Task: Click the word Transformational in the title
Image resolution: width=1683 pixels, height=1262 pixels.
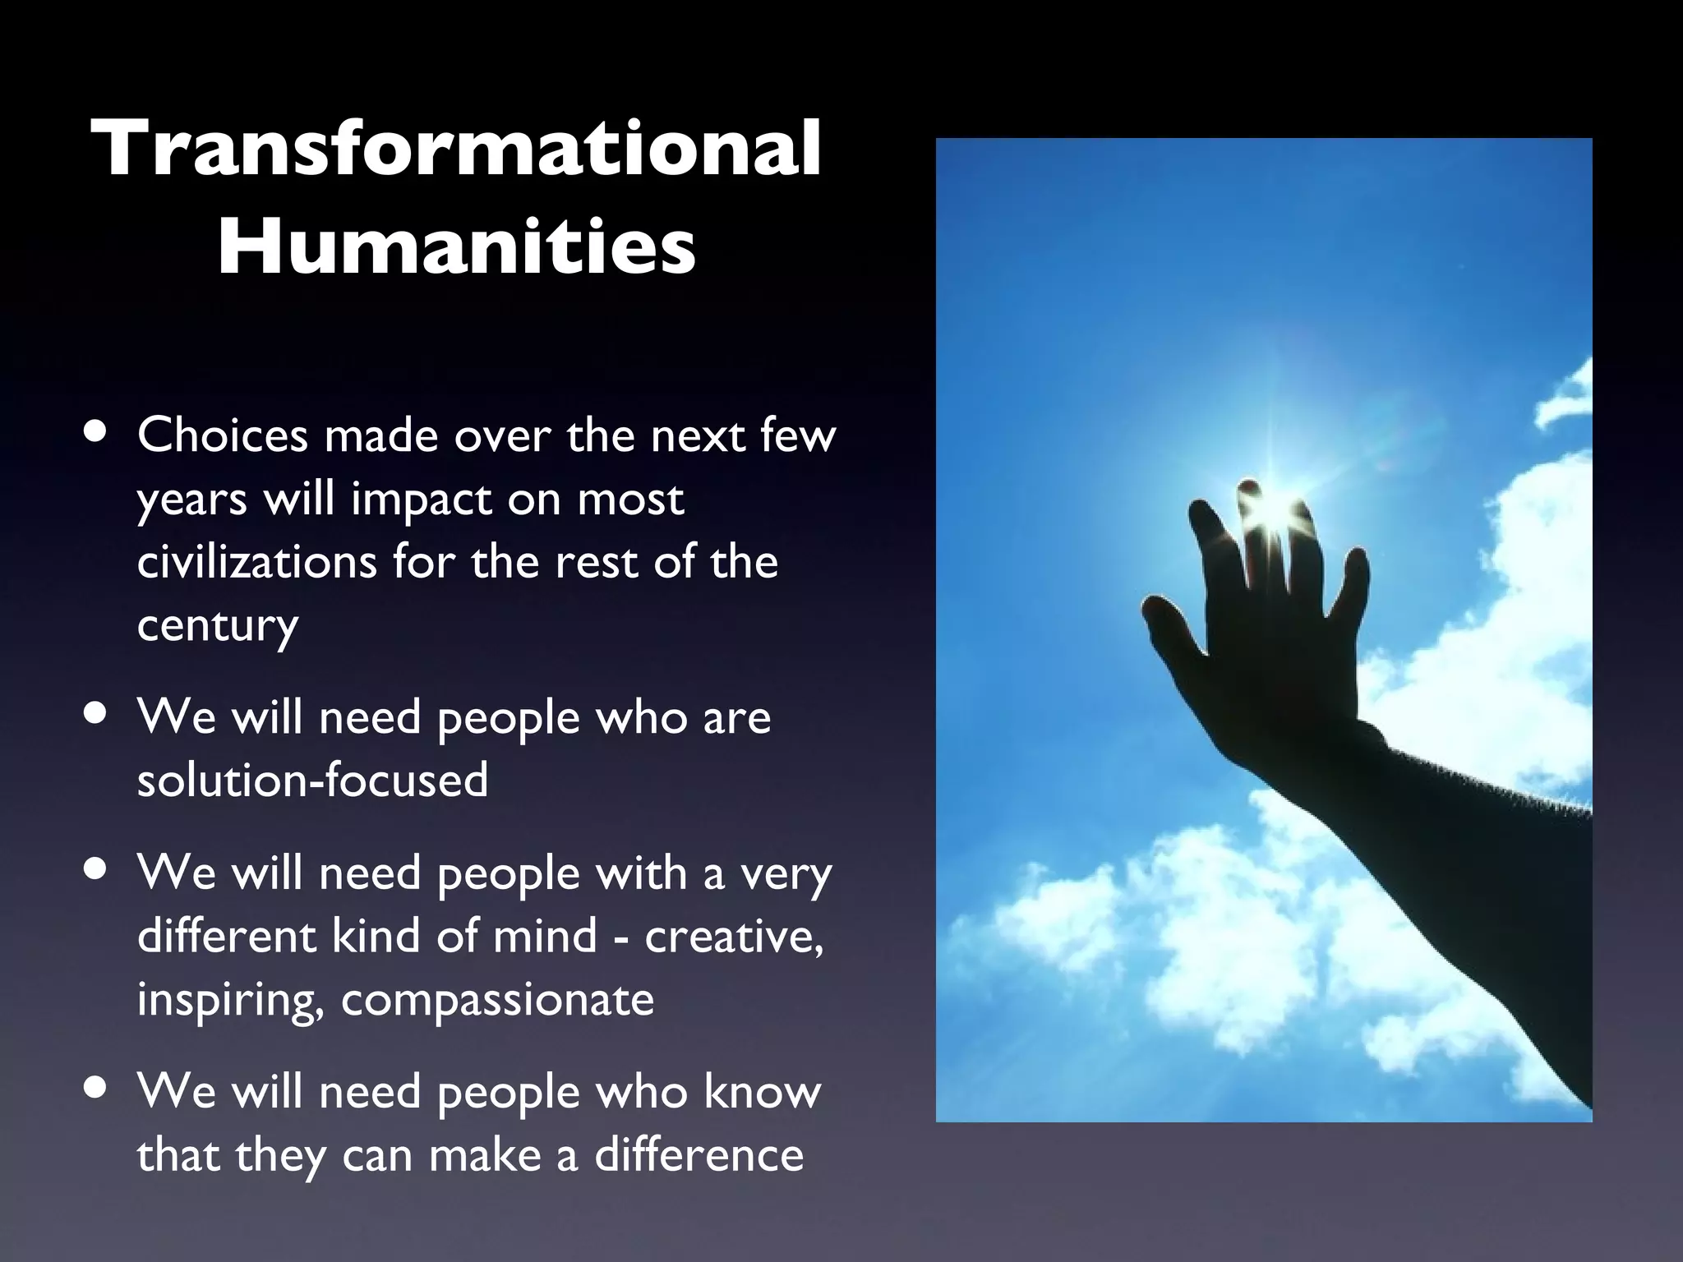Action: point(457,150)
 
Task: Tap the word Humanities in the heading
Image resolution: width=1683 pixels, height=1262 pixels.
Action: point(457,246)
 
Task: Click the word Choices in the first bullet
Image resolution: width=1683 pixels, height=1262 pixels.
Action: point(221,435)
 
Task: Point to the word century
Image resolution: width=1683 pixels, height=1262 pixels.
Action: point(217,626)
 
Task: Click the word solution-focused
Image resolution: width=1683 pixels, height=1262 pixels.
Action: point(312,780)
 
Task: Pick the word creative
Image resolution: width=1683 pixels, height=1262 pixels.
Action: point(733,937)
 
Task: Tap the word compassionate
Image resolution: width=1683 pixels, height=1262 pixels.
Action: point(497,1000)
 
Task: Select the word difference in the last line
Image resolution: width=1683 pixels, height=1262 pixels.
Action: point(699,1154)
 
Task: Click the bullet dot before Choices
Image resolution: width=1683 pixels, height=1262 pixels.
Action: point(97,433)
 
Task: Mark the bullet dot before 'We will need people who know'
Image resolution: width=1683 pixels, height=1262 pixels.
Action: point(97,1089)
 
